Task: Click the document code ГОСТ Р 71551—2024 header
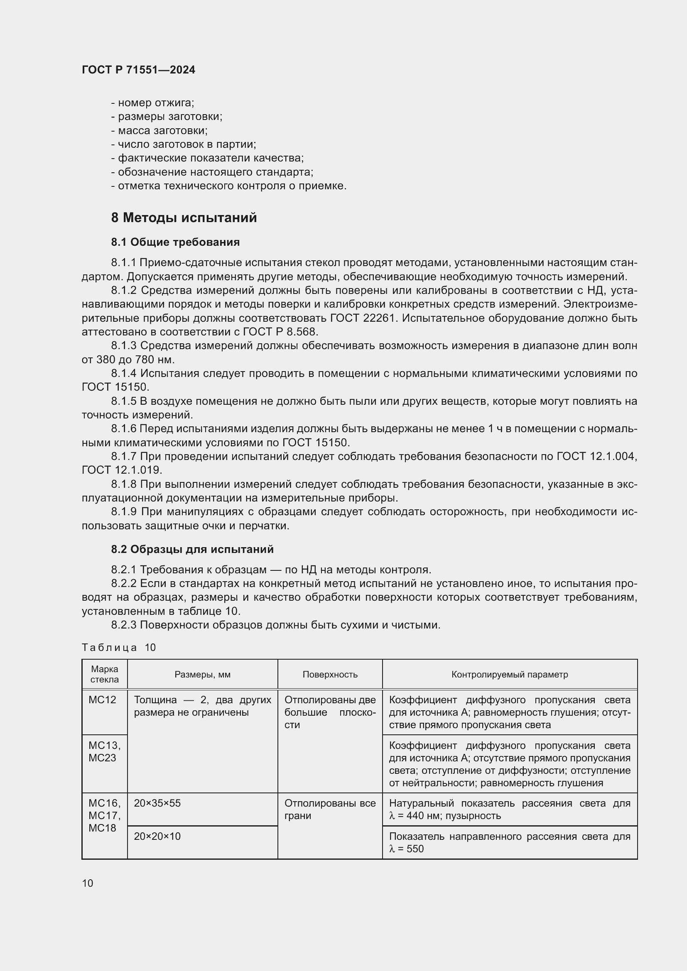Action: click(138, 70)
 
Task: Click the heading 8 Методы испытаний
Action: click(184, 218)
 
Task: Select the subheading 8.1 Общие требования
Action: click(175, 242)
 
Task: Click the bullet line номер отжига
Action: click(152, 103)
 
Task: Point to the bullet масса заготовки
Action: click(159, 130)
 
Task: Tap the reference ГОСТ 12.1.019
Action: click(121, 470)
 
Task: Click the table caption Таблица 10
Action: click(119, 648)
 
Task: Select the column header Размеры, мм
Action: click(202, 675)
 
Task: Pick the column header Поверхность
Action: click(330, 675)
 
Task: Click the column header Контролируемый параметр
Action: click(509, 675)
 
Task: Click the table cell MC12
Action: click(102, 700)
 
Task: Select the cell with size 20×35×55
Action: click(157, 803)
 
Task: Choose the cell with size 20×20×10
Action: click(157, 836)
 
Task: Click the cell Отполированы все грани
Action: click(330, 810)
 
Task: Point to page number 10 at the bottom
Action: click(88, 883)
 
